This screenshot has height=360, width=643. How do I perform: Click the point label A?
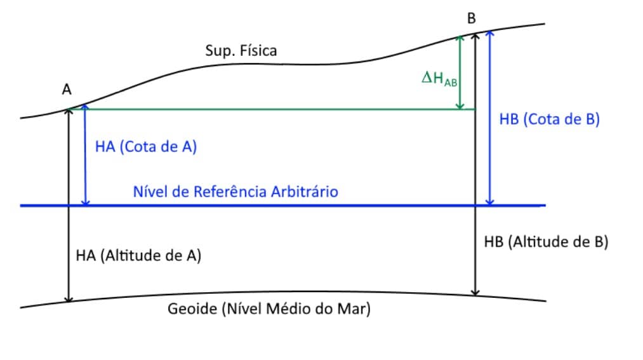(x=67, y=90)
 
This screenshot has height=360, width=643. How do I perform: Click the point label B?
(x=472, y=18)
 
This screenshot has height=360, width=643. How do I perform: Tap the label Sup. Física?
(x=241, y=51)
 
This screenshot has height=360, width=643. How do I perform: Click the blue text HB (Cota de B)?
(x=549, y=119)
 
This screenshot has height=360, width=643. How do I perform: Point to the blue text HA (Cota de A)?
(x=146, y=147)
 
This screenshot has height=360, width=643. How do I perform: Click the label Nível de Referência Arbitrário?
(x=235, y=191)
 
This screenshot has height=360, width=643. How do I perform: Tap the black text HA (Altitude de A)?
(x=138, y=255)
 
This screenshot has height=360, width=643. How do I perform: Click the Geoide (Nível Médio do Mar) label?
(x=269, y=310)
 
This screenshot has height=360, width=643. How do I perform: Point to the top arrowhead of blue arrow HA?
(x=85, y=109)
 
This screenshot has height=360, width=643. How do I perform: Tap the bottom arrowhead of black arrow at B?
(x=475, y=292)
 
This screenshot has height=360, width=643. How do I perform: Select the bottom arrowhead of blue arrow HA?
(x=85, y=202)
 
